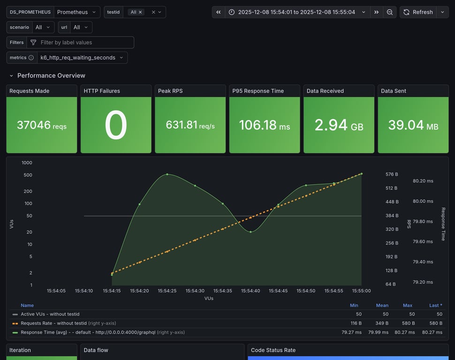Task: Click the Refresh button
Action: pos(418,12)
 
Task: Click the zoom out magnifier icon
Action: pos(390,12)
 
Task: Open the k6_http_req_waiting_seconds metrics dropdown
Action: pos(82,58)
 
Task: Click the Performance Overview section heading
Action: pos(51,75)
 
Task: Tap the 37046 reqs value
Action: pos(41,125)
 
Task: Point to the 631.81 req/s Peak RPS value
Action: pos(190,125)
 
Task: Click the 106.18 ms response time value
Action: pos(264,125)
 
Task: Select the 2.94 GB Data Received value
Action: pos(339,125)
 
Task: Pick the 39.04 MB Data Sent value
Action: pos(413,125)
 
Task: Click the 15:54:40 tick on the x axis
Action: pos(250,291)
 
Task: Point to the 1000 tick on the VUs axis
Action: pos(27,163)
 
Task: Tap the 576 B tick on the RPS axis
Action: pos(391,174)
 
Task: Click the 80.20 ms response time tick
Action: pos(423,181)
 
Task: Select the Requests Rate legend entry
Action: pos(53,323)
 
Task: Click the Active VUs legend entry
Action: pos(50,314)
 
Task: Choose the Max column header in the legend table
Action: pos(407,306)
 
